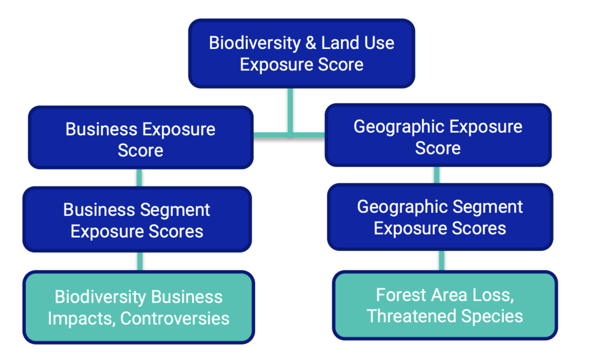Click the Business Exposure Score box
140,139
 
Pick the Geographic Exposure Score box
437,137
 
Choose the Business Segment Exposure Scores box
137,220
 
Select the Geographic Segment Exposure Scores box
440,217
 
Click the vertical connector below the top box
290,110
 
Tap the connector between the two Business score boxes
140,177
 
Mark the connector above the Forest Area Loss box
442,260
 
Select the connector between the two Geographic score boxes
437,175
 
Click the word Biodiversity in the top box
255,43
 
